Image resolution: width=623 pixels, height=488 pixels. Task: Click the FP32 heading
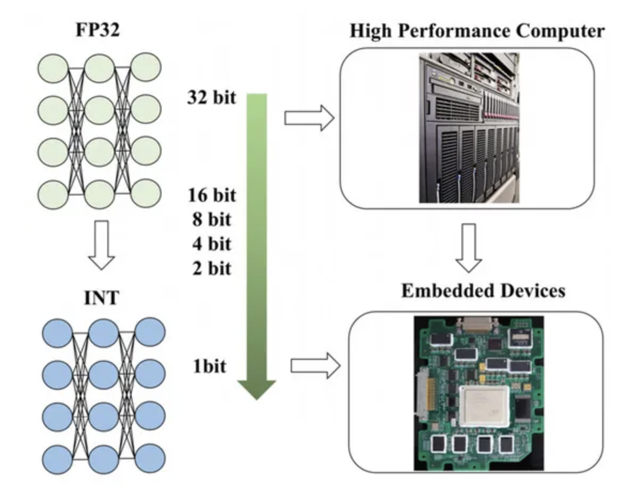98,29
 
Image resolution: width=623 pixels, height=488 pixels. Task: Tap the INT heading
101,297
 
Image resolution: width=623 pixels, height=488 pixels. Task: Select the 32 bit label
211,98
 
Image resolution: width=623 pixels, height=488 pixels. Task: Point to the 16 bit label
212,195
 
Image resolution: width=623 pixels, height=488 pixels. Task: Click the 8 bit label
211,219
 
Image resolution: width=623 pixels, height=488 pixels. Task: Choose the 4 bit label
211,244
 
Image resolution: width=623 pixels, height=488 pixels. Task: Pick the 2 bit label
211,269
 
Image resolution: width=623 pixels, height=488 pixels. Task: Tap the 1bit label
210,366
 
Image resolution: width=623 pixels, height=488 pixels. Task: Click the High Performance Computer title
477,30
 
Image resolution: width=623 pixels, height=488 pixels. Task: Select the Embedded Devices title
483,290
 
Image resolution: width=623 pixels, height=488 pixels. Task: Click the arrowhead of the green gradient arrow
257,389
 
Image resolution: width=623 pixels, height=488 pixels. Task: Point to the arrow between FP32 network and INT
102,245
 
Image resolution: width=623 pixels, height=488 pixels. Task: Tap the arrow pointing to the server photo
309,118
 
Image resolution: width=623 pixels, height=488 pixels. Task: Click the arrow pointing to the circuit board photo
315,366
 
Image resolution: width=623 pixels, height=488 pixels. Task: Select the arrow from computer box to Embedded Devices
469,248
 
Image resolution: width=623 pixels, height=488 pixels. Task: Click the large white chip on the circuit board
484,406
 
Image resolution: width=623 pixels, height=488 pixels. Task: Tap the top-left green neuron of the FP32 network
53,68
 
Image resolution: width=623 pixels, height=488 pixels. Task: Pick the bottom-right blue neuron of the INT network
150,458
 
